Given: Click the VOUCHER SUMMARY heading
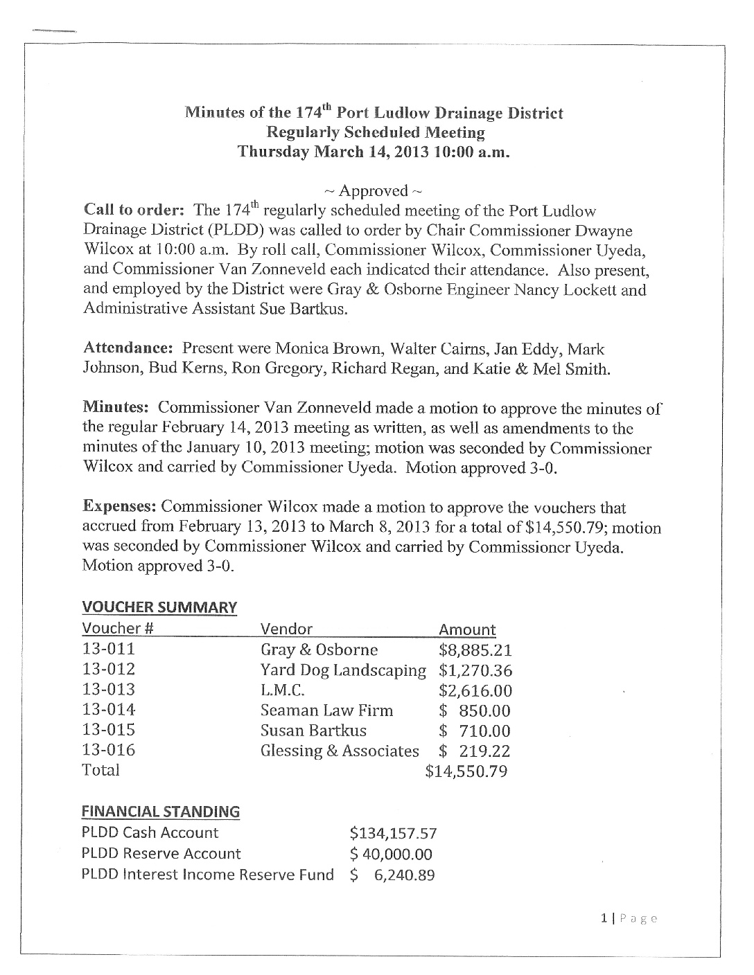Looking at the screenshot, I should [159, 607].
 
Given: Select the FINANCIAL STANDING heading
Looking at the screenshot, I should [161, 811].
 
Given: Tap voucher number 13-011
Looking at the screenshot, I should [108, 650].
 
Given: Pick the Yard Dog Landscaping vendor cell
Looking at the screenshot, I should [343, 670].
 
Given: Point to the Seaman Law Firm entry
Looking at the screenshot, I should [326, 710].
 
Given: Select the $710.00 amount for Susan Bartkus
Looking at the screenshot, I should [475, 731].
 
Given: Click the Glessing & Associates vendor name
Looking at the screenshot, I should [340, 751].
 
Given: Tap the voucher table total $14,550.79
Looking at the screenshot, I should [466, 771].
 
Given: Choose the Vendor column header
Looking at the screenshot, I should [286, 629].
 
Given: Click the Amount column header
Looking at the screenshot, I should [468, 629].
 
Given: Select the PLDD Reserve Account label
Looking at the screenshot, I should [161, 854].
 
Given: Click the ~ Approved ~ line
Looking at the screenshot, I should [374, 190].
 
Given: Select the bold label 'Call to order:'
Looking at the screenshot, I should [133, 210].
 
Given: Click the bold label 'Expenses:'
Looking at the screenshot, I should [119, 507].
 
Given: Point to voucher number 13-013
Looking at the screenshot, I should [108, 690].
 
